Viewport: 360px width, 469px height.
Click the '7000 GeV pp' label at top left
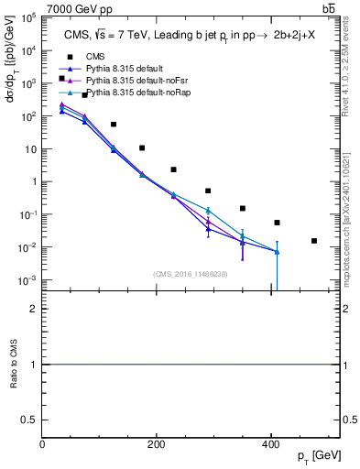(x=79, y=9)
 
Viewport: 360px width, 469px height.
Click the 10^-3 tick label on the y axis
(x=28, y=280)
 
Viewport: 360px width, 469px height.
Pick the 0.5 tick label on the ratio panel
(x=31, y=419)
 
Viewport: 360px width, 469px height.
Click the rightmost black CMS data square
(x=314, y=241)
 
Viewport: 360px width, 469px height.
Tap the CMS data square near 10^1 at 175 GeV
(x=142, y=147)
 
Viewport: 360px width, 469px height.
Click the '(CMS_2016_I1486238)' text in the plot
(x=191, y=274)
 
